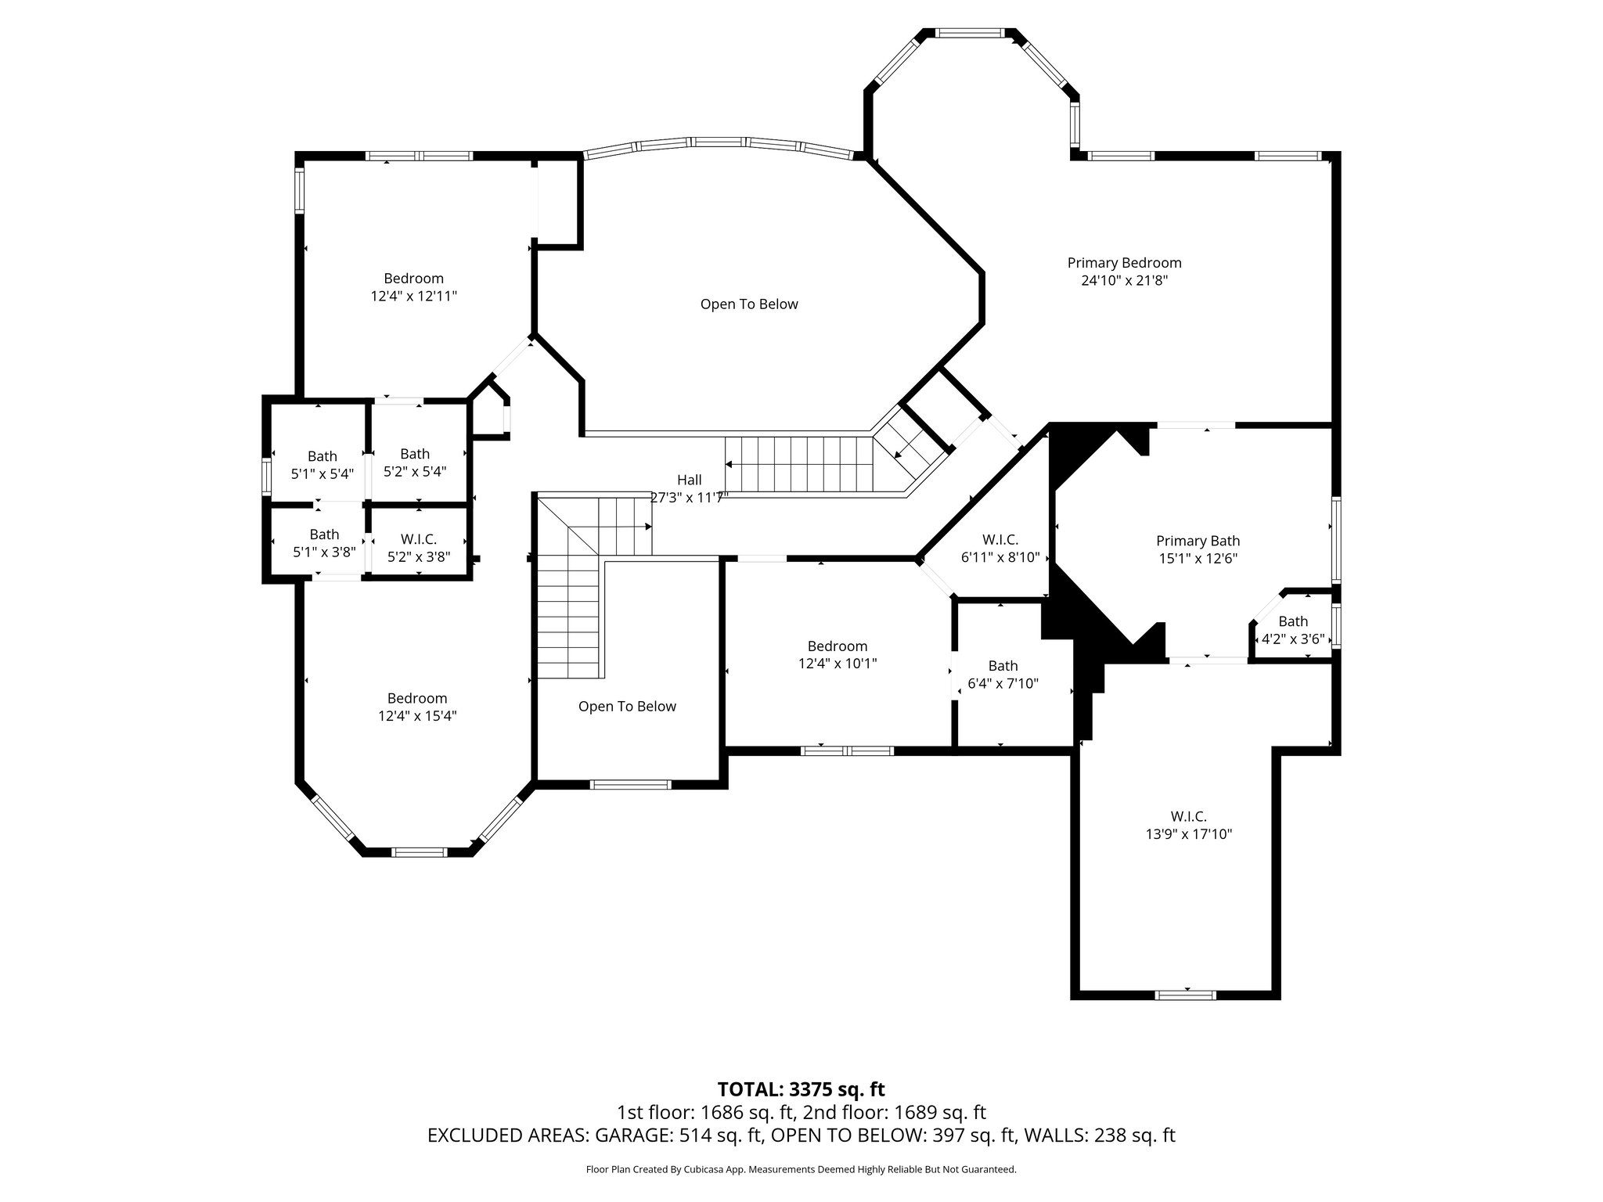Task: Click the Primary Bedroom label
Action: (1124, 263)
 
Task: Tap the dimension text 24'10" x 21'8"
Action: (1124, 281)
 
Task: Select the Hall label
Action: (689, 480)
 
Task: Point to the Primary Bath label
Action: (1198, 541)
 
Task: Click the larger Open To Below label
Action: (749, 304)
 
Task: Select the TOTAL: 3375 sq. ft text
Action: (801, 1089)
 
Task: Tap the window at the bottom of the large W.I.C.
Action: (1186, 995)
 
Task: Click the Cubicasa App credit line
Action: (801, 1170)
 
